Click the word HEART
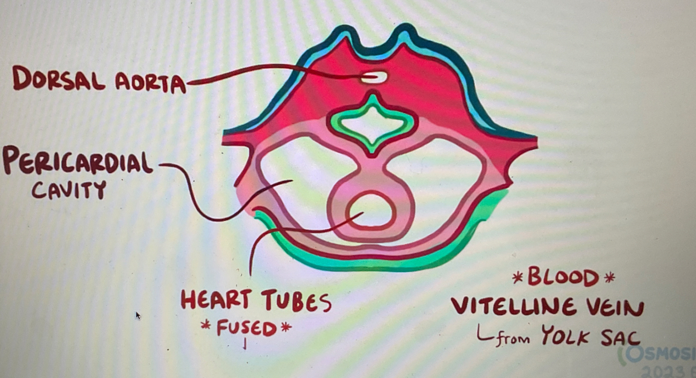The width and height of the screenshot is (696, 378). pyautogui.click(x=215, y=302)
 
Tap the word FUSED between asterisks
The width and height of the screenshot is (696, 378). pyautogui.click(x=246, y=328)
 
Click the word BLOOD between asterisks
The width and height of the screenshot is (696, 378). pyautogui.click(x=562, y=277)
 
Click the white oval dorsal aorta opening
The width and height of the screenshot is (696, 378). pyautogui.click(x=375, y=77)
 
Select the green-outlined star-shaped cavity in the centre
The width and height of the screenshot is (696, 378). pyautogui.click(x=371, y=123)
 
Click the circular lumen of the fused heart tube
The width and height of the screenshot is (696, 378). pyautogui.click(x=371, y=210)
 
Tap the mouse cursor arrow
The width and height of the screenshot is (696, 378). pyautogui.click(x=138, y=315)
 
